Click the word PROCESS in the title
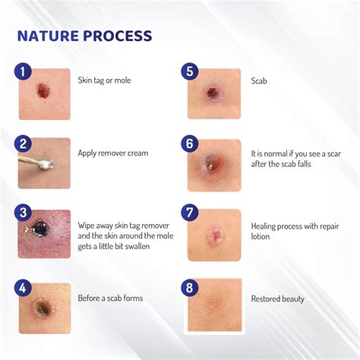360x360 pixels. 118,36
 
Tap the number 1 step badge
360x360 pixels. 24,71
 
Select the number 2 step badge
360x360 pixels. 24,144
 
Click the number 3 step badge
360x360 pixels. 24,214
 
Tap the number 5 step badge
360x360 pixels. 190,71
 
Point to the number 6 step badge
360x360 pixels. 190,144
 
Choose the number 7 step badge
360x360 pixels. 190,214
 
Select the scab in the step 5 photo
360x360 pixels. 213,93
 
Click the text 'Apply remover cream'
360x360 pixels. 113,153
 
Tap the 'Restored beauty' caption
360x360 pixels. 278,298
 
